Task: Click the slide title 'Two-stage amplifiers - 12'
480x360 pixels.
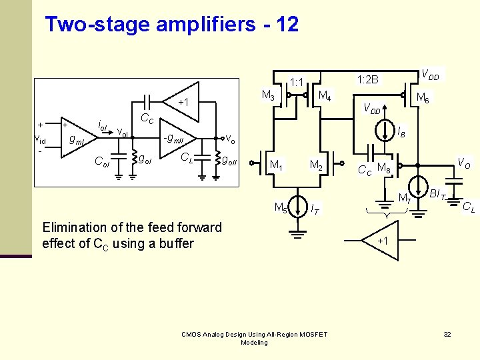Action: click(171, 25)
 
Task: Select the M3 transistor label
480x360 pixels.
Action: click(269, 95)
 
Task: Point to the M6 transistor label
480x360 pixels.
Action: click(423, 98)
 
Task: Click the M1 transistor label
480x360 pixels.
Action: click(275, 165)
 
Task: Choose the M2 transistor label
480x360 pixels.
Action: click(316, 165)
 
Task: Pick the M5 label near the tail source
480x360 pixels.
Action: click(281, 207)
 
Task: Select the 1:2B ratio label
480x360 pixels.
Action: click(367, 80)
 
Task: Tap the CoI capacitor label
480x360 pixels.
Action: click(102, 161)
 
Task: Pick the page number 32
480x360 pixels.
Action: click(447, 333)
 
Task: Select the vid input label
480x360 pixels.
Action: click(41, 139)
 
